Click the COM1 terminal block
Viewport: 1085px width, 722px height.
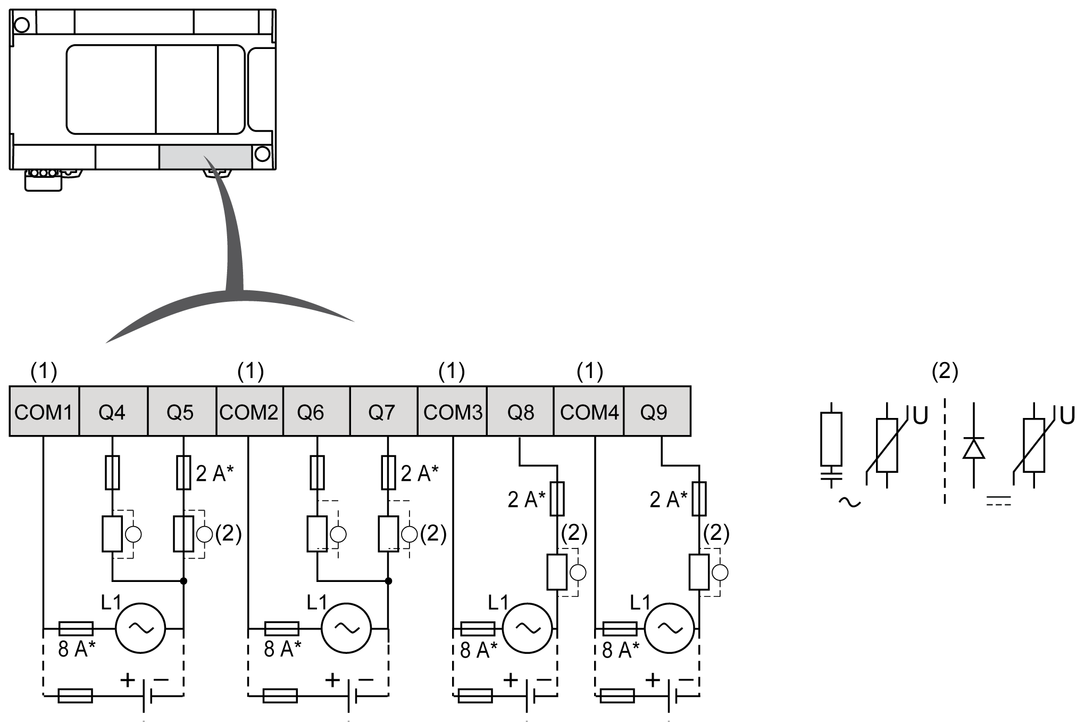[44, 412]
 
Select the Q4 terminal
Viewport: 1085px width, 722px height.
[113, 412]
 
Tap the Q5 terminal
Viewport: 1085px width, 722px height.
[181, 412]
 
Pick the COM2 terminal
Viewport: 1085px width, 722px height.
[249, 412]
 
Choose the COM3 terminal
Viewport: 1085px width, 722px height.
[452, 412]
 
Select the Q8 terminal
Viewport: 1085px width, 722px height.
[520, 412]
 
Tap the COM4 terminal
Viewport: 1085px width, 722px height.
[589, 412]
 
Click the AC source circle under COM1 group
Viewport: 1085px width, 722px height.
[141, 628]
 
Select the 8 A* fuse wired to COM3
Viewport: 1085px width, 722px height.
[477, 629]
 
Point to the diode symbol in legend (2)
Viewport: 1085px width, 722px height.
[973, 448]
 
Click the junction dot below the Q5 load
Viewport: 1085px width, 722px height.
[183, 581]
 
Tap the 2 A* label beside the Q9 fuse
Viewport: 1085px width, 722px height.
[668, 499]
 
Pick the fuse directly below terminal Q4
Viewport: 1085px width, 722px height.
[112, 472]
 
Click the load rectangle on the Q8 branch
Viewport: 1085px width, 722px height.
[557, 572]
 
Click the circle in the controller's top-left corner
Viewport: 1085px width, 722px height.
[22, 24]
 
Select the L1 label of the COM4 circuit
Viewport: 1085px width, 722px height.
[640, 602]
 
